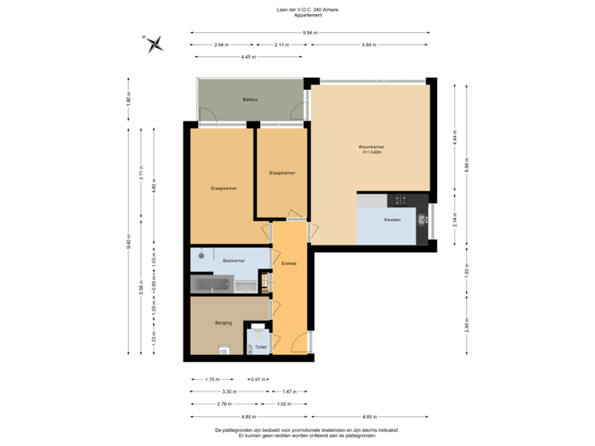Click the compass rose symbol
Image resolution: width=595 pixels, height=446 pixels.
point(154,43)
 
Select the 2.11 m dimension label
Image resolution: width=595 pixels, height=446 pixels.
point(282,45)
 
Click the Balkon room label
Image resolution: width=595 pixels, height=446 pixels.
point(250,100)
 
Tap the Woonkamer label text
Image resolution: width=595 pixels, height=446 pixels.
point(372,146)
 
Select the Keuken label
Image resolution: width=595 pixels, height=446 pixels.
point(393,220)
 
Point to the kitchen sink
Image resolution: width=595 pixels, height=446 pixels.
point(421,220)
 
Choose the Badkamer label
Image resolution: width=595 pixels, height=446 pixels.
point(234,260)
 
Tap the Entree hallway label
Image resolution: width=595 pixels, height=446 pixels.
point(289,264)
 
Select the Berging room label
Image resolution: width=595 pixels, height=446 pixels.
point(223,322)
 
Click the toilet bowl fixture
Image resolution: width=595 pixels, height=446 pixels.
point(260,334)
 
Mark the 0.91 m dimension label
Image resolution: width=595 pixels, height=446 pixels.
point(258,379)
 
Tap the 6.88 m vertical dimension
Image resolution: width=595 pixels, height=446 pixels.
point(467,165)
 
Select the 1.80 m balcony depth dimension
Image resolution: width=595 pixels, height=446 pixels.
point(128,98)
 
